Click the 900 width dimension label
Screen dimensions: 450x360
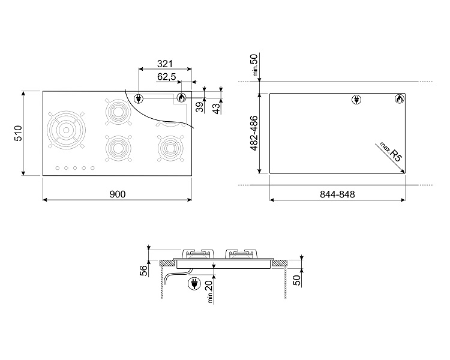click(x=118, y=194)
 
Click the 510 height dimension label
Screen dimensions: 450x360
click(x=18, y=133)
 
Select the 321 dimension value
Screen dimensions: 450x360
click(x=165, y=64)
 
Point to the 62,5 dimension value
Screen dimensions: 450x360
click(x=166, y=77)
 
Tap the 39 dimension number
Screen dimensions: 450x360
click(x=200, y=107)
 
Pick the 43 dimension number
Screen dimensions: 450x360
click(x=217, y=108)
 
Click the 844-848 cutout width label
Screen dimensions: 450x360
click(x=337, y=194)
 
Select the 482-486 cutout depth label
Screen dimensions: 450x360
click(x=254, y=133)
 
